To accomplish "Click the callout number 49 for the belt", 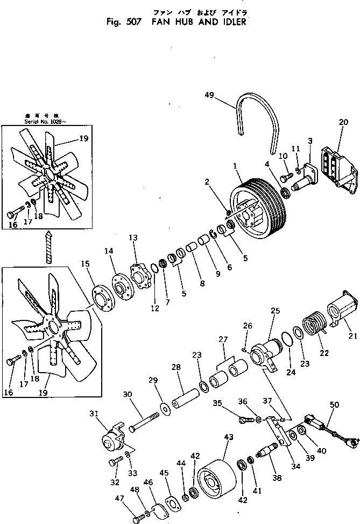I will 210,95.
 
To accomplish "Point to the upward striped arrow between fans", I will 48,245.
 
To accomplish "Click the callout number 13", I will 133,253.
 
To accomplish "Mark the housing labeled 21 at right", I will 341,309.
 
